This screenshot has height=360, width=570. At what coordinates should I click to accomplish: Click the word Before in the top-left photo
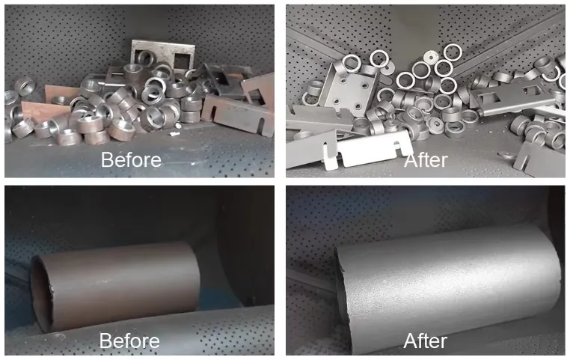(x=131, y=159)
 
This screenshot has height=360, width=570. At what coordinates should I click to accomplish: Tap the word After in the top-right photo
(x=426, y=160)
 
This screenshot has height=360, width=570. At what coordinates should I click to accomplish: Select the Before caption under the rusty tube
(x=129, y=341)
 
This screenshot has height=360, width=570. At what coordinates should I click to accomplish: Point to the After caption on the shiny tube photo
(x=425, y=341)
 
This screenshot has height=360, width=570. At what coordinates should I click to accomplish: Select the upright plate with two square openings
(x=162, y=55)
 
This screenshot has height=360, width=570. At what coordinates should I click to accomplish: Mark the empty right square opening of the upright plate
(x=182, y=61)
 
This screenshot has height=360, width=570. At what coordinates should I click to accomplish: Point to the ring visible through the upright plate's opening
(x=145, y=58)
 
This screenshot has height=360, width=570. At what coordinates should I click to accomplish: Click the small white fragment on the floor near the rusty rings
(x=175, y=134)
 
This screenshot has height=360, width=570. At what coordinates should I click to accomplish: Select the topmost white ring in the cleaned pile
(x=453, y=52)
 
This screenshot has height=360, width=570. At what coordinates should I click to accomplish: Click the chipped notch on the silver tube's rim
(x=342, y=269)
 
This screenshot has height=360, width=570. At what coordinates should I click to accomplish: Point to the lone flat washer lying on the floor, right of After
(x=507, y=156)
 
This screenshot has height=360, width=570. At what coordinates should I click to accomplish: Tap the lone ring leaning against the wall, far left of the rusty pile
(x=25, y=86)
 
